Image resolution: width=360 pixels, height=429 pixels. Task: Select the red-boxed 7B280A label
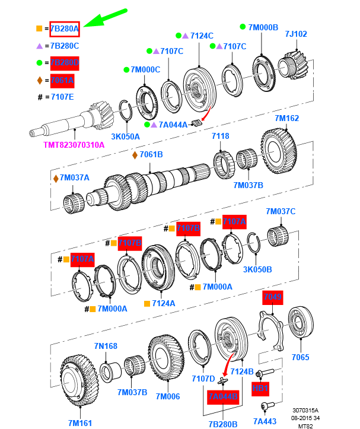point(65,28)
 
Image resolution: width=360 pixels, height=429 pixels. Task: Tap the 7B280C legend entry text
point(65,46)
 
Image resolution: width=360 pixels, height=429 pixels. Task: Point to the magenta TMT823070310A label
point(74,144)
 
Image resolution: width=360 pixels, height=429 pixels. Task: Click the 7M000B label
point(263,27)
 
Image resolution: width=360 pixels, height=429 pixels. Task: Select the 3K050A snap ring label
point(125,136)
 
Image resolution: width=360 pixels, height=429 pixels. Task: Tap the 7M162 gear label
point(287,118)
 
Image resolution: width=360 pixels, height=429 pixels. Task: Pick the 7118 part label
point(221,136)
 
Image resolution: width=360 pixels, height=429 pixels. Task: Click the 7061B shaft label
point(151,155)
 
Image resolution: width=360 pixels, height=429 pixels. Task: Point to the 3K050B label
point(257,269)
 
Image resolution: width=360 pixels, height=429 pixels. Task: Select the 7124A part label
point(164,303)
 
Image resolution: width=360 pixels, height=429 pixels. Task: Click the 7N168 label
point(105,346)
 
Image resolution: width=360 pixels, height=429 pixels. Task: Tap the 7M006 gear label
point(168,396)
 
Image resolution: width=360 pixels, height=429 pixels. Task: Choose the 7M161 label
point(79,422)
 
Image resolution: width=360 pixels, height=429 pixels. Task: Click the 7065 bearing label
point(301,357)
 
